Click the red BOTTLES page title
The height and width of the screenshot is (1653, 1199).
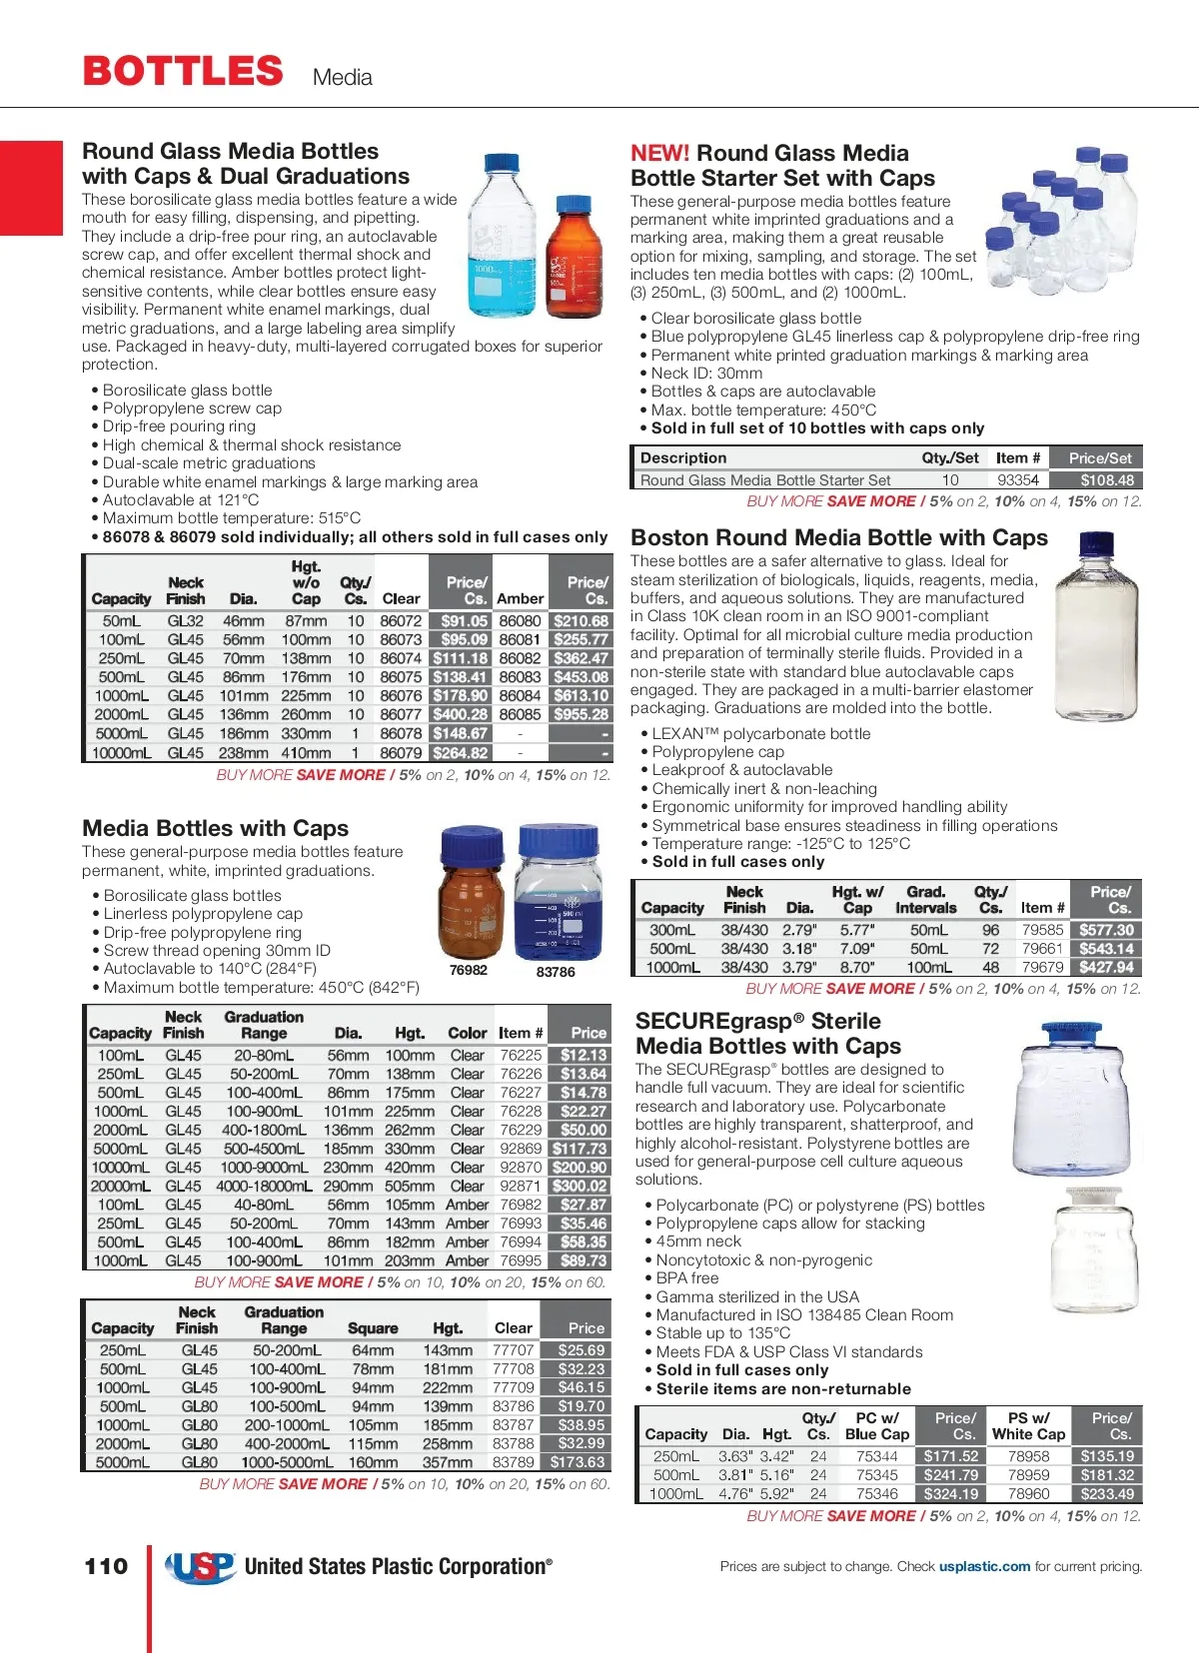pos(183,71)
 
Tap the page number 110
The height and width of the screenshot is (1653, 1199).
pos(106,1565)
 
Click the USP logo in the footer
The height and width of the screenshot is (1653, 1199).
pos(201,1566)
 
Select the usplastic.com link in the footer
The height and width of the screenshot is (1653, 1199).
pos(984,1566)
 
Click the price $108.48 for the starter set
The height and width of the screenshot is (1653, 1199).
pos(1106,480)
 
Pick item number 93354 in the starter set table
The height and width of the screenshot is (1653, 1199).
pos(1018,480)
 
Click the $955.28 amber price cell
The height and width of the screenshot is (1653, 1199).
pos(581,715)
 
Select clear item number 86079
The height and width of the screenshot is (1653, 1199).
pos(401,753)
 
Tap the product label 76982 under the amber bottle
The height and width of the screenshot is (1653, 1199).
pos(469,970)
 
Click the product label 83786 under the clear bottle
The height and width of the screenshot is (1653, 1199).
pos(556,972)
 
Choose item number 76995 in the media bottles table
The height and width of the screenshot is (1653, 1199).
pos(521,1261)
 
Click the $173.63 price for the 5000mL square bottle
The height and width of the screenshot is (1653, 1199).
pos(578,1462)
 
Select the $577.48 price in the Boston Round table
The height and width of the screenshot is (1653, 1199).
pos(1106,930)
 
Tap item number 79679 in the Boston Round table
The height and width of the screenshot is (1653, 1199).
pos(1042,968)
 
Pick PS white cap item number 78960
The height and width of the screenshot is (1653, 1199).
pos(1028,1494)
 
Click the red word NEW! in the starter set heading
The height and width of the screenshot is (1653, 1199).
pos(659,154)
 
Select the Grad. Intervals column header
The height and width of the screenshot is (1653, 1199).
pos(925,900)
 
